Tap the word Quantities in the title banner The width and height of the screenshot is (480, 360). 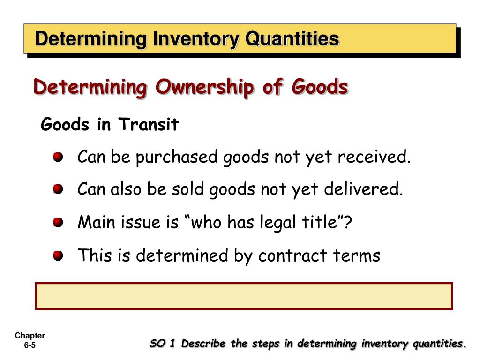[x=292, y=39]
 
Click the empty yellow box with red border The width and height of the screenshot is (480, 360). [x=244, y=296]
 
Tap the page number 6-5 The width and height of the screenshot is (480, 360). [x=30, y=345]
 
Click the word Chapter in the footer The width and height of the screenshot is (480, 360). [x=30, y=336]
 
